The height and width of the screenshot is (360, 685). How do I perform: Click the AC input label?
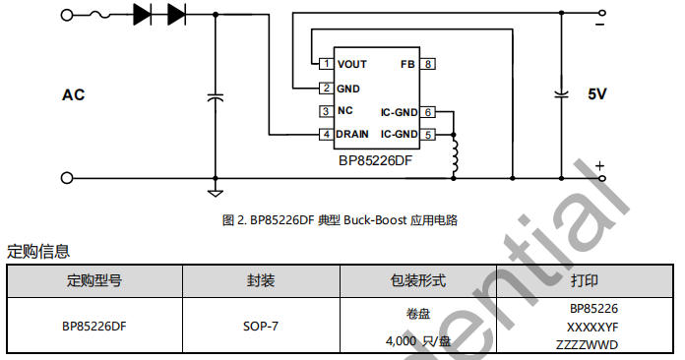74,95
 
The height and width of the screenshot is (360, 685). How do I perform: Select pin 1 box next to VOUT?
326,64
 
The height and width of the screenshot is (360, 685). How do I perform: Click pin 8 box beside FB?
428,64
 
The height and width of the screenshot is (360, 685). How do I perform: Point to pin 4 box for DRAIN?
326,134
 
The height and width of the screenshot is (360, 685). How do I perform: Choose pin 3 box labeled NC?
326,110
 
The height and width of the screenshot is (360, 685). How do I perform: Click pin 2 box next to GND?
326,88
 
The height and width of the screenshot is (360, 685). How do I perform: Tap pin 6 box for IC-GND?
428,111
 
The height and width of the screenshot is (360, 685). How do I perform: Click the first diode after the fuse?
143,15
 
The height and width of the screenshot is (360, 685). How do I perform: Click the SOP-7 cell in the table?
260,326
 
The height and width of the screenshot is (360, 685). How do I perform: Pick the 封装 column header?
260,281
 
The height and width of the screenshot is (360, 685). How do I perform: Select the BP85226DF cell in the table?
94,326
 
